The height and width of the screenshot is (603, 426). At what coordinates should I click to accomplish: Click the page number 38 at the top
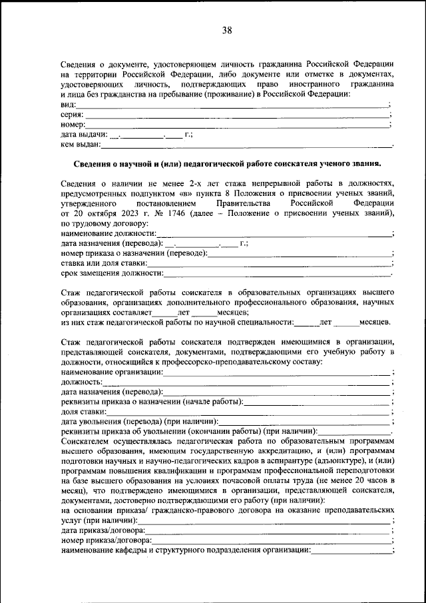click(227, 31)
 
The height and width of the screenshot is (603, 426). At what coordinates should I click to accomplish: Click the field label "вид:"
click(69, 105)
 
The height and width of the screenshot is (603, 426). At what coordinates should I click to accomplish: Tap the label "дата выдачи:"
click(84, 134)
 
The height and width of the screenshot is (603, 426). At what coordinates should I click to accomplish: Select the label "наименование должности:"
click(109, 233)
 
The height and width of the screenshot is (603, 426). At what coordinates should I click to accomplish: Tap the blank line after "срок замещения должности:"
click(277, 273)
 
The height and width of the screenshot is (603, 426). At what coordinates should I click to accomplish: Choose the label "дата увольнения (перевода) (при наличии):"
click(140, 421)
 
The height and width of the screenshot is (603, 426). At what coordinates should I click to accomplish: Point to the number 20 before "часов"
click(358, 481)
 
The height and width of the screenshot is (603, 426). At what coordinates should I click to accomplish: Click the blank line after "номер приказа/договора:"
click(271, 540)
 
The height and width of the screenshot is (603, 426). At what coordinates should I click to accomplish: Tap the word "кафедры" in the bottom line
click(130, 550)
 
